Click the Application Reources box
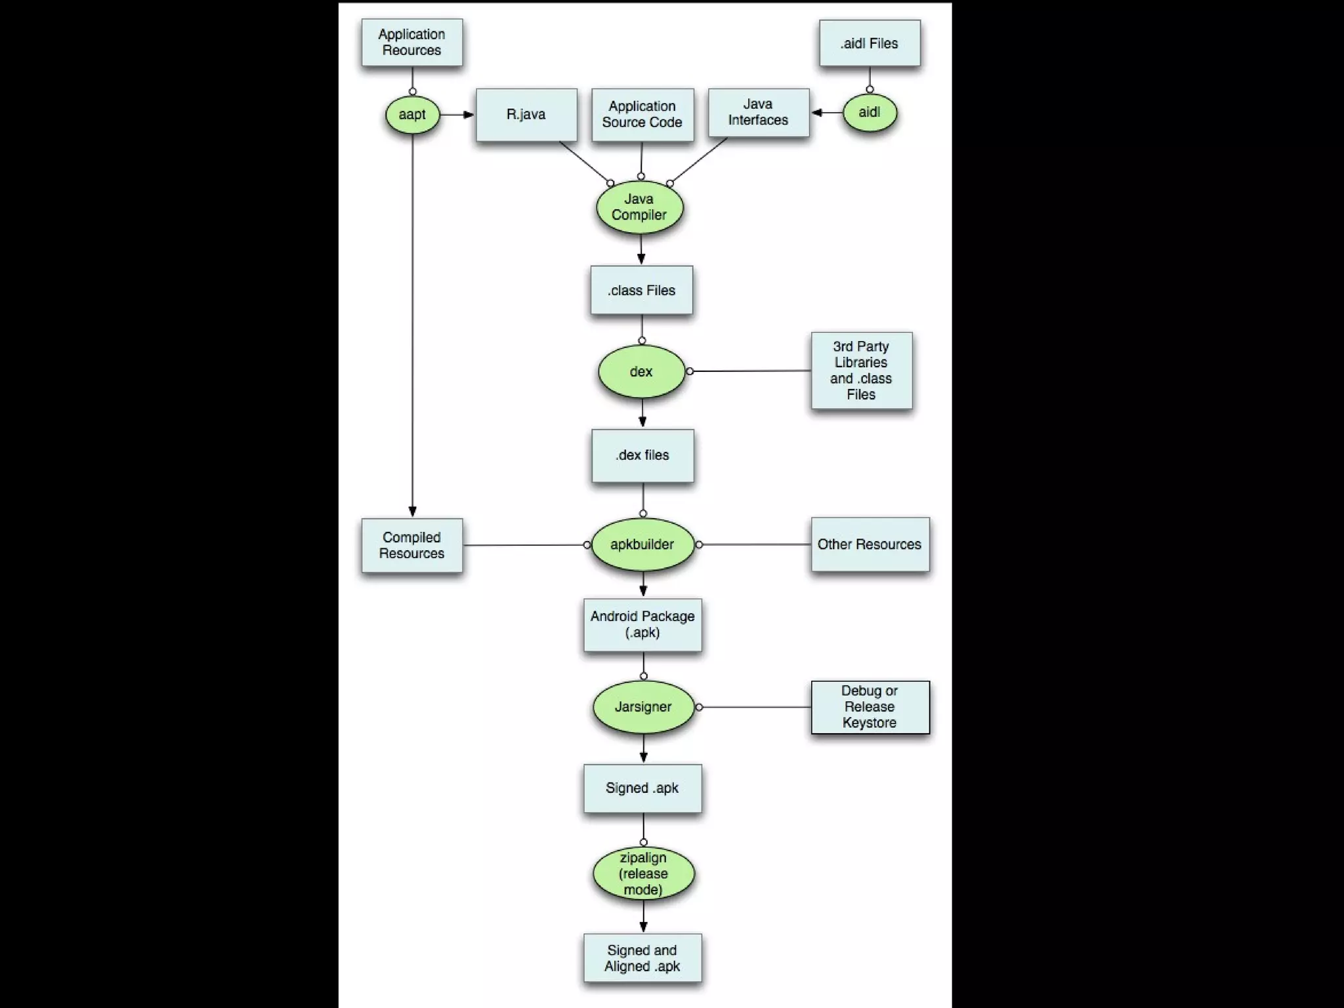pos(412,43)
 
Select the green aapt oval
pos(412,115)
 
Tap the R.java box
pos(526,115)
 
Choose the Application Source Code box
pos(642,115)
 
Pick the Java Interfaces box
pos(759,113)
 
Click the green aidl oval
pos(870,113)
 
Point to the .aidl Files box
pos(870,43)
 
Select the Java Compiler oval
pos(640,207)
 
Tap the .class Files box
pos(642,291)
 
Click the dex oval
pos(642,372)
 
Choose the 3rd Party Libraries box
pos(862,371)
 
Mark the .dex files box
pos(642,456)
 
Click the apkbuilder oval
pos(642,544)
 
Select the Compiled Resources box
pos(412,546)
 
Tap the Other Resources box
pos(870,544)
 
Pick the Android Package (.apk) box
pos(642,625)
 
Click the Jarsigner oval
pos(643,707)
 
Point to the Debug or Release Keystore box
pos(870,707)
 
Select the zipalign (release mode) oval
pos(643,874)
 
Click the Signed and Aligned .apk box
pos(642,958)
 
